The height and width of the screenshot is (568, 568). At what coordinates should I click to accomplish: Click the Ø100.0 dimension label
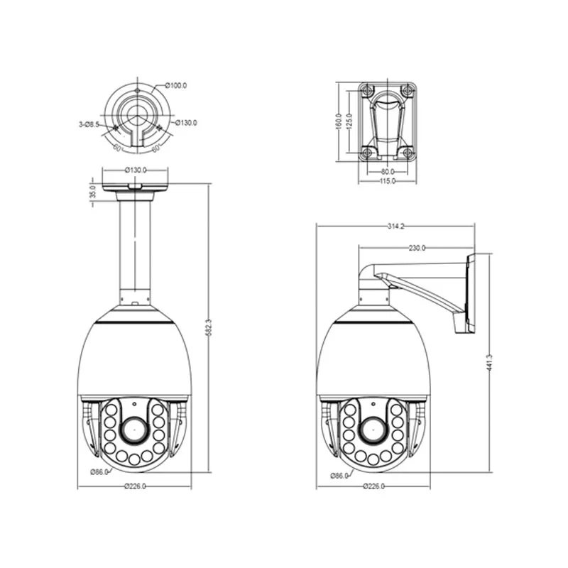(x=176, y=86)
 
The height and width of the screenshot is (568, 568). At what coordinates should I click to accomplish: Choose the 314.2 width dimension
(x=395, y=226)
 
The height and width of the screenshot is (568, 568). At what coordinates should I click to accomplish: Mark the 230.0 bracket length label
(x=417, y=248)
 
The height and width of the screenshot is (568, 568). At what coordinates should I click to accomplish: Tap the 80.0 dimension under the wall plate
(x=387, y=172)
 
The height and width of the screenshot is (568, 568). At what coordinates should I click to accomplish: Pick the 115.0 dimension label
(x=387, y=182)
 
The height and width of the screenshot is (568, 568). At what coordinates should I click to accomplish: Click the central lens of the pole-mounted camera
(x=133, y=429)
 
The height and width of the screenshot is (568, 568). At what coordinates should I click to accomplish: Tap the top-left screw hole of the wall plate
(x=366, y=90)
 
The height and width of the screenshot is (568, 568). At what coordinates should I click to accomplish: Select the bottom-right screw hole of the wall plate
(x=408, y=153)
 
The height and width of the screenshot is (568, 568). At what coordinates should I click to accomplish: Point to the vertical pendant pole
(x=134, y=245)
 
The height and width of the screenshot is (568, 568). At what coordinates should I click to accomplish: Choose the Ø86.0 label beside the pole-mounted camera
(x=99, y=471)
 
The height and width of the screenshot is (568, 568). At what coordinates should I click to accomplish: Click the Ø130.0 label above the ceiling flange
(x=135, y=170)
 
